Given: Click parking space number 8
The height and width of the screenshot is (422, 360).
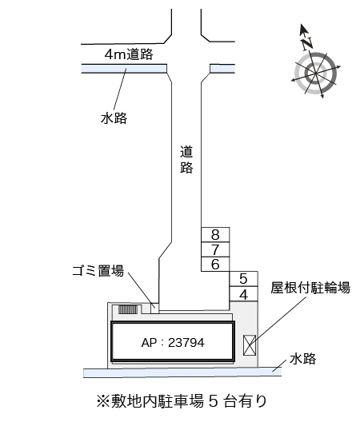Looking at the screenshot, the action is click(215, 234).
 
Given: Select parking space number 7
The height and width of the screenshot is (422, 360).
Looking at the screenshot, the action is click(215, 249).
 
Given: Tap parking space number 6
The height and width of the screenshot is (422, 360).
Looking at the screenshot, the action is click(215, 264).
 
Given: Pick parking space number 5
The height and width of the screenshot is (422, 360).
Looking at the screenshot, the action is click(243, 279).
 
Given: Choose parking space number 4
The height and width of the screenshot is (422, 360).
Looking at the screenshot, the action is click(243, 294).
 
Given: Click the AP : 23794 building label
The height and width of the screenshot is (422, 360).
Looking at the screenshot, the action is click(173, 343).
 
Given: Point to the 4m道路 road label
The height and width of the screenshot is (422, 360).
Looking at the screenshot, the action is click(129, 54).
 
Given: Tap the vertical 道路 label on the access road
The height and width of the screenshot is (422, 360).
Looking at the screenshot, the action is click(186, 159).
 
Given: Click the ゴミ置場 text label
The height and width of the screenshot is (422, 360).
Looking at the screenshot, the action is click(98, 271).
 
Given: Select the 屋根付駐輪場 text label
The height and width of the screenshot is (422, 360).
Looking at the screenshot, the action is click(310, 288).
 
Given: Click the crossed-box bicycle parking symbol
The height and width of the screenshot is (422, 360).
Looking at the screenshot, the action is click(250, 345).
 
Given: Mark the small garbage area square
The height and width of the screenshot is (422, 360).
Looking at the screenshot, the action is click(154, 309).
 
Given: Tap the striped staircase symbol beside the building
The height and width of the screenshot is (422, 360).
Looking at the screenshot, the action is click(128, 310).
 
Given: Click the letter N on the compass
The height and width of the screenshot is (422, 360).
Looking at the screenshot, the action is click(306, 43).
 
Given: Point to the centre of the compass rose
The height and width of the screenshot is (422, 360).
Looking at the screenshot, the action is click(315, 74).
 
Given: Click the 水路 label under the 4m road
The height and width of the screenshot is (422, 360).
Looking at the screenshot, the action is click(114, 118).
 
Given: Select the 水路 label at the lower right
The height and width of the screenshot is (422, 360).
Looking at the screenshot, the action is click(302, 359).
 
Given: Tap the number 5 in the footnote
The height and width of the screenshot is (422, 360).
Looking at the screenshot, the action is click(213, 401).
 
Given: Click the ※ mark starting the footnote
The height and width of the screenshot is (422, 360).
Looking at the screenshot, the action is click(103, 401).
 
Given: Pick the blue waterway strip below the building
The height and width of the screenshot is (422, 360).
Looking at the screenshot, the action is click(182, 372).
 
